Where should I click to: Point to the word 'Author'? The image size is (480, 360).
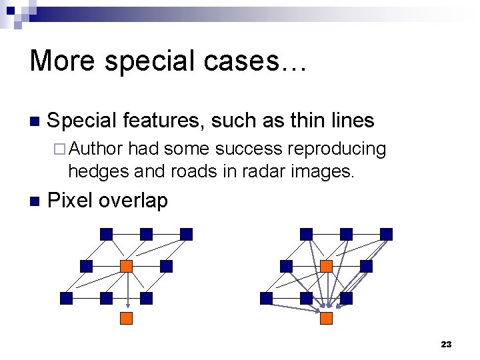point(95,149)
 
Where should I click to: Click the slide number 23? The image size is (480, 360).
point(446,344)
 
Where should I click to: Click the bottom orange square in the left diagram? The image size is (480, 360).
point(126,318)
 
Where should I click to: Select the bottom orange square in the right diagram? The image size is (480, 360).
point(326,318)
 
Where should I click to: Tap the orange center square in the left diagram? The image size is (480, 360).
point(126,266)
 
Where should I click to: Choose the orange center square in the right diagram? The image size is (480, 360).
point(326,266)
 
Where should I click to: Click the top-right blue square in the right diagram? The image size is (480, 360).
point(386,234)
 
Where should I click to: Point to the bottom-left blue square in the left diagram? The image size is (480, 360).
point(66,298)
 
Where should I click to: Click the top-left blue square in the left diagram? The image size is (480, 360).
point(106,234)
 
